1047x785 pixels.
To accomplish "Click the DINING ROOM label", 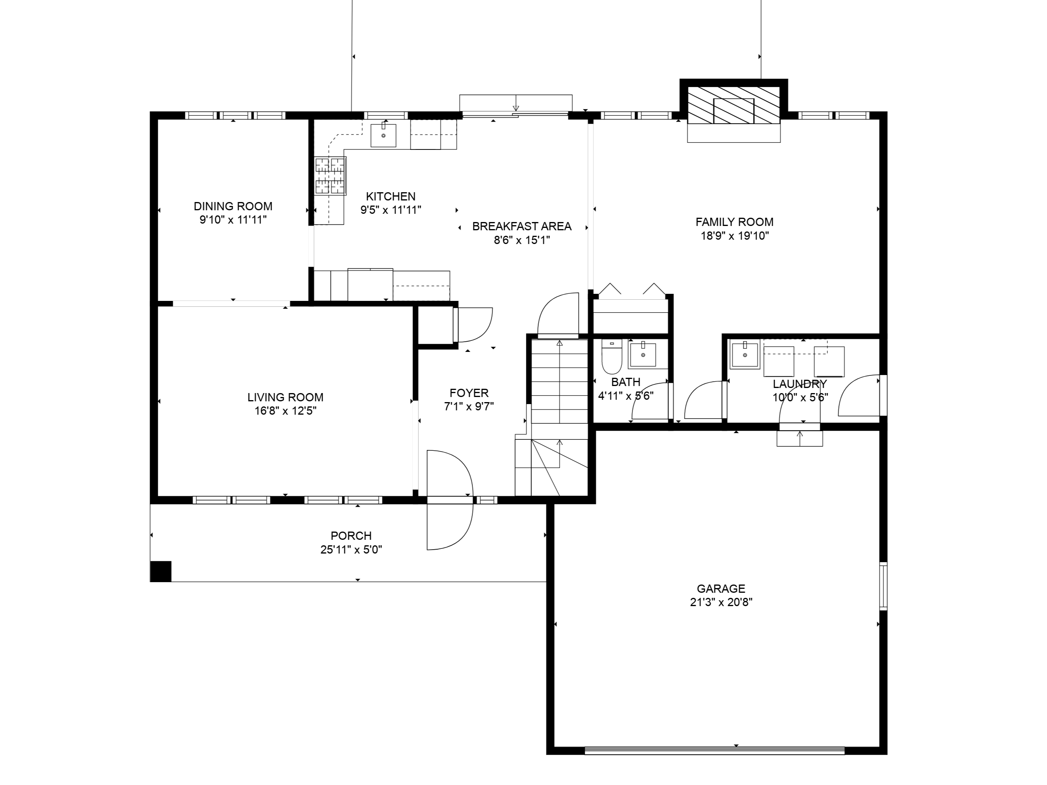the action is (x=233, y=206).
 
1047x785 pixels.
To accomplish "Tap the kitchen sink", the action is (x=383, y=135).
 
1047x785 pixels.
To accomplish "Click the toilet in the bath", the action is (x=611, y=356).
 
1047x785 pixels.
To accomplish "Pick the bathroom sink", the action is (x=642, y=355).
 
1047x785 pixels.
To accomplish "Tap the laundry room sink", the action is (x=744, y=354).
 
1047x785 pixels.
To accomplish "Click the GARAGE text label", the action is (x=721, y=588).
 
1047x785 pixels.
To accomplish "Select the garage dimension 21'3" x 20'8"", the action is (x=721, y=602).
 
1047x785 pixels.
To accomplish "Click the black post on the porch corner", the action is (x=161, y=571).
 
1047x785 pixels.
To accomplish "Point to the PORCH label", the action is (x=351, y=535).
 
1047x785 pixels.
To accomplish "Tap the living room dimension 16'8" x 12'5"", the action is (x=285, y=411).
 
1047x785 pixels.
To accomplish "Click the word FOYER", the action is (x=469, y=393).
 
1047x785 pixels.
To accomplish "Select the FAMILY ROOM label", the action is (x=735, y=222).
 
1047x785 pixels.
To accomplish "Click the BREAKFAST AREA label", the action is (x=522, y=226).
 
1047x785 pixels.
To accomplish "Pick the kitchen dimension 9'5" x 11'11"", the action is (x=391, y=210).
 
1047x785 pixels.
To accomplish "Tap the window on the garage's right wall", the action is (x=883, y=586).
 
